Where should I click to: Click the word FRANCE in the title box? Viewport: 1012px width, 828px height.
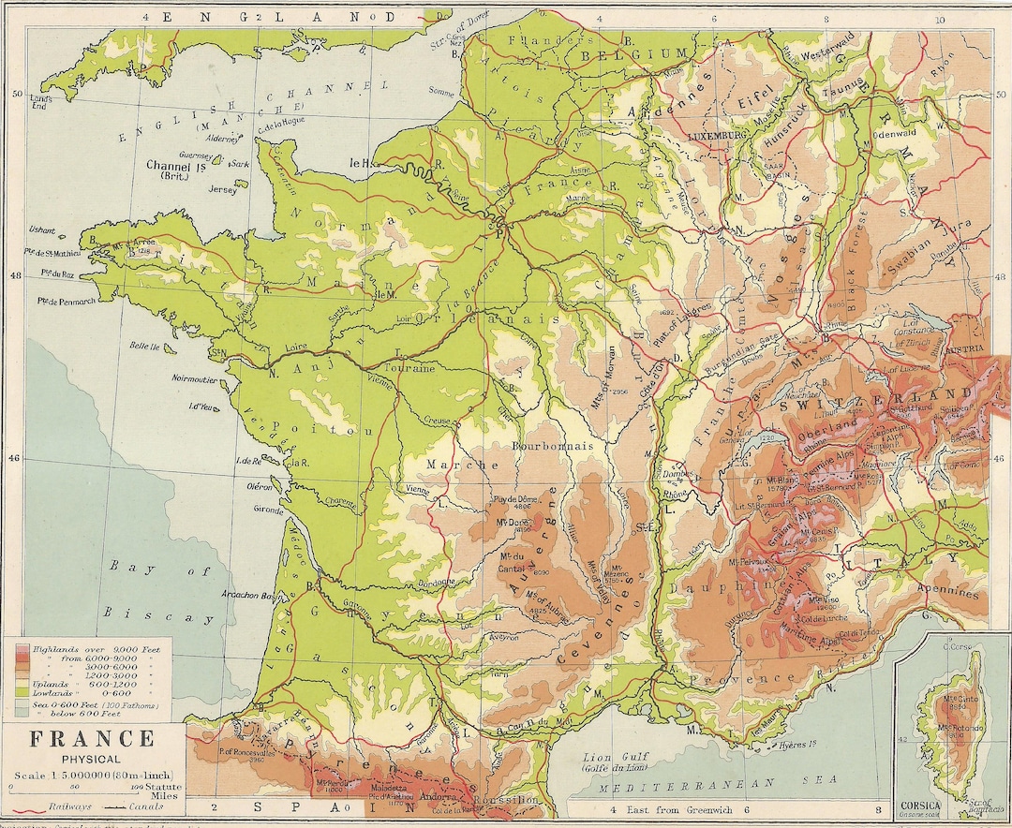(91, 739)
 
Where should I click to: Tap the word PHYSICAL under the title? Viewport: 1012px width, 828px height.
(91, 760)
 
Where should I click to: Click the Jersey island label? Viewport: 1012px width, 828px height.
(222, 188)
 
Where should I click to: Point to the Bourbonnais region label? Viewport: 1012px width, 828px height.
(553, 446)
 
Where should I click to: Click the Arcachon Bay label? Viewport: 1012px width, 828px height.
(247, 594)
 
